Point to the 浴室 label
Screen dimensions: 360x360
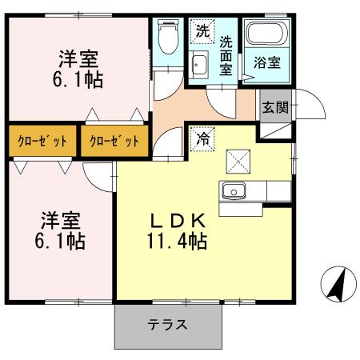click(268, 61)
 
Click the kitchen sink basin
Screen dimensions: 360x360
click(234, 191)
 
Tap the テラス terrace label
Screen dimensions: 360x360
click(167, 325)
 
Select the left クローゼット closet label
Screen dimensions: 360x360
click(43, 142)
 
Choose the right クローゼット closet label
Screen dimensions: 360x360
click(114, 142)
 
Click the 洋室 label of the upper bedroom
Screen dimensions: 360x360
click(79, 58)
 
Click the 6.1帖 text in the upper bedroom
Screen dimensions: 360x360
click(79, 80)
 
